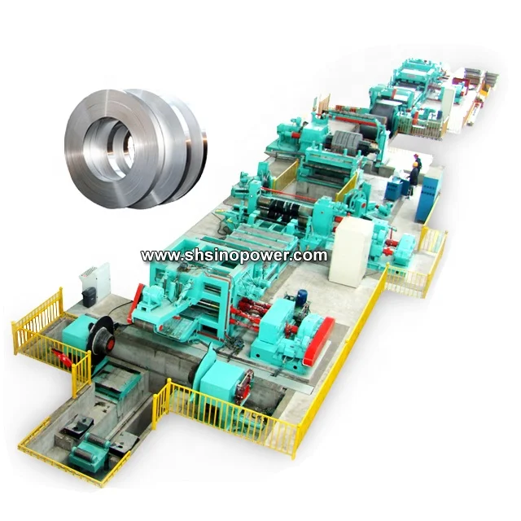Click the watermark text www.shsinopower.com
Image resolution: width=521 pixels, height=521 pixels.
coord(234,256)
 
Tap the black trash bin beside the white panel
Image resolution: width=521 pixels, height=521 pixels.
coord(89,296)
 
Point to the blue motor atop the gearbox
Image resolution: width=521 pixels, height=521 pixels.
coord(302,295)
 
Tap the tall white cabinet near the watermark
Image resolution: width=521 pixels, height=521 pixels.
coord(353,252)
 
